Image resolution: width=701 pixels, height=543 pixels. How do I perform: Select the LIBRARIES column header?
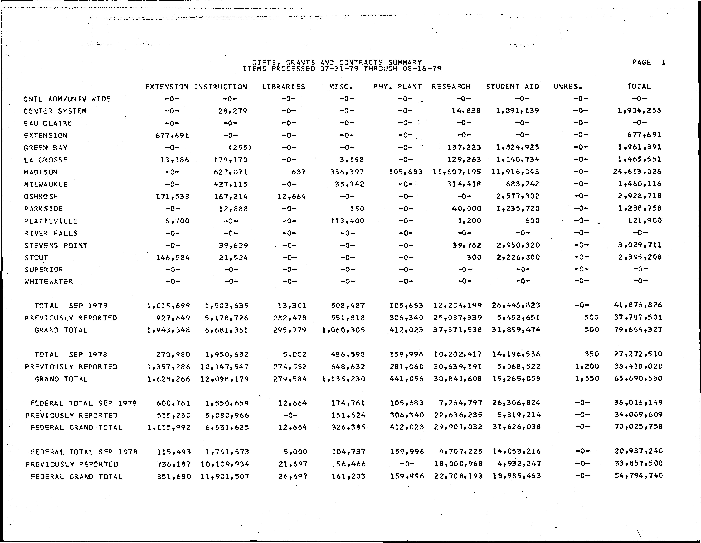coord(283,87)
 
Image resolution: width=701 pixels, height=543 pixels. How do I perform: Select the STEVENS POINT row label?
coord(56,246)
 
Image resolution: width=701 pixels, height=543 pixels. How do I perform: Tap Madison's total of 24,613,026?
coord(637,172)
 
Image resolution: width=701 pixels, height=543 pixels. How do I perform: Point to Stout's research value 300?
coord(474,257)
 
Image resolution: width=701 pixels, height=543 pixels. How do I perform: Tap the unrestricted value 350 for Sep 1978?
coord(592,354)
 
